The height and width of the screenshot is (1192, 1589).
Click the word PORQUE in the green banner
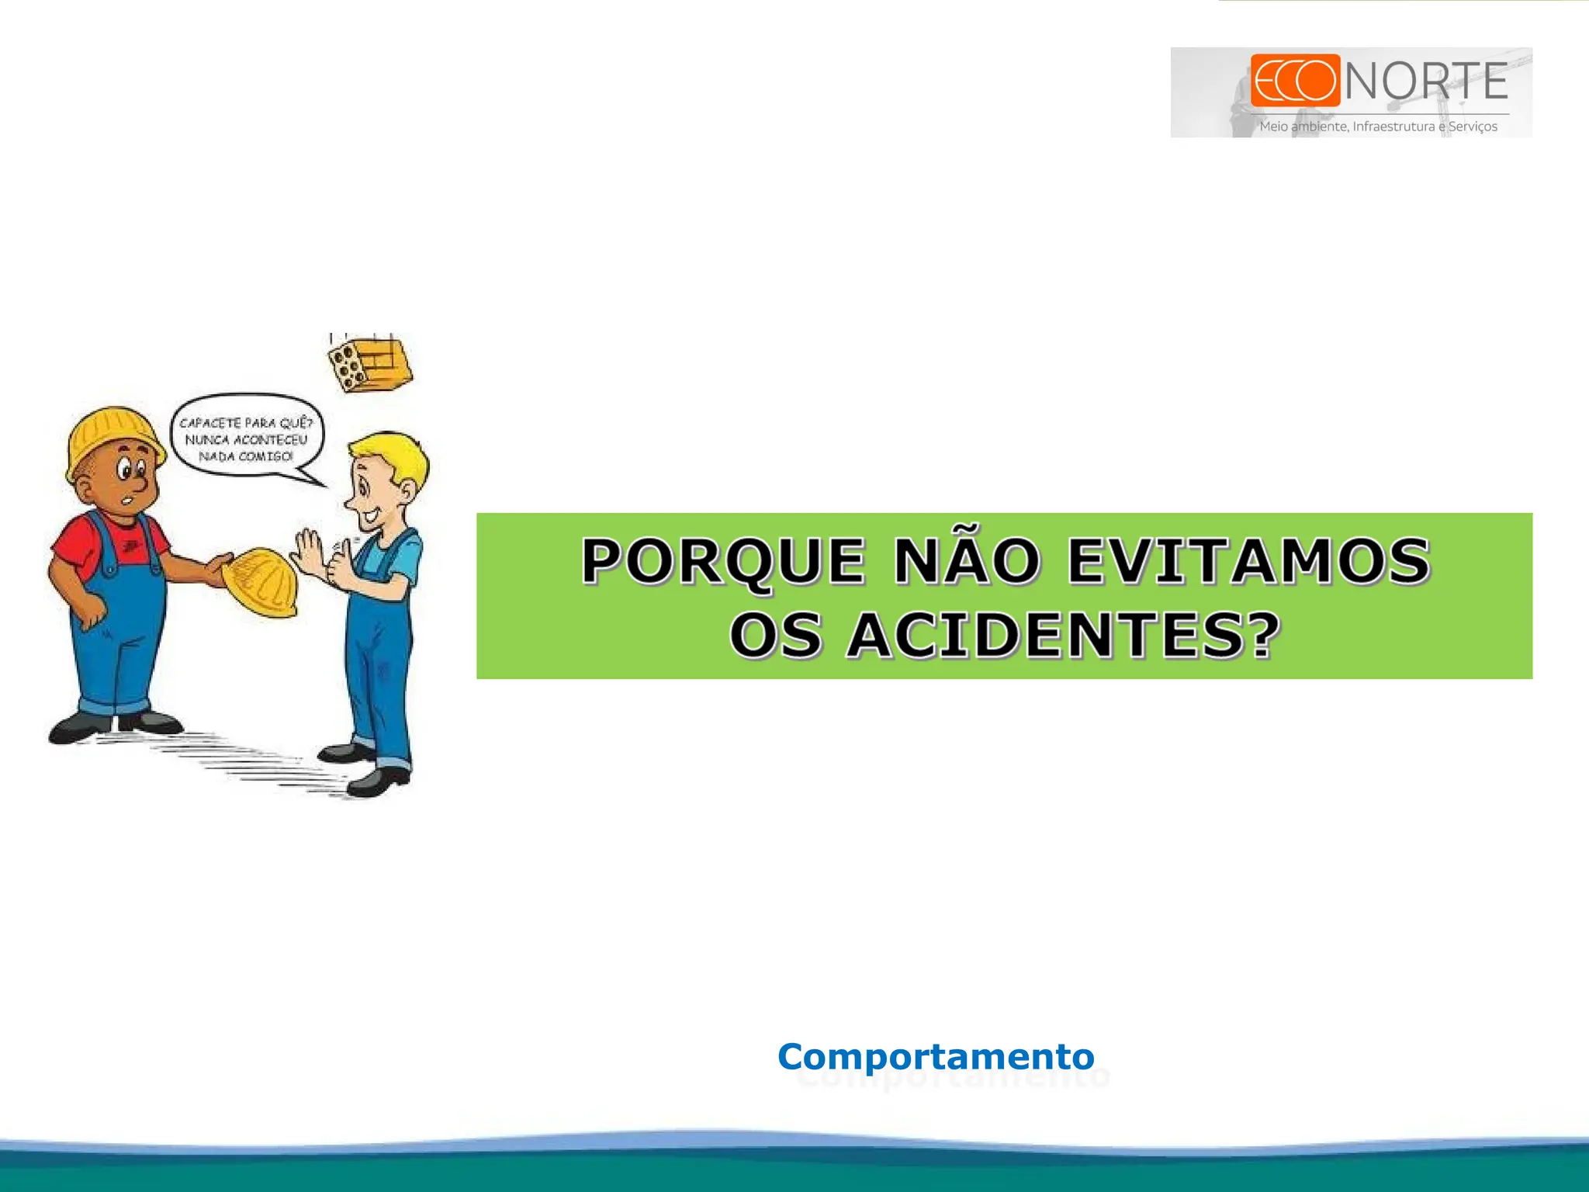pos(722,561)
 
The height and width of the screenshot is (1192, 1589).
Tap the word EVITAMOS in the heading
pos(1248,561)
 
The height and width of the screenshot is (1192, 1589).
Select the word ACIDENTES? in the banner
pos(1063,636)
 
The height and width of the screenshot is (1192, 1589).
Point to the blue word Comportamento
pos(936,1056)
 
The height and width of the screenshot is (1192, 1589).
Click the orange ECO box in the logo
pos(1295,80)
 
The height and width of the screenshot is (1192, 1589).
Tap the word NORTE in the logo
pos(1427,81)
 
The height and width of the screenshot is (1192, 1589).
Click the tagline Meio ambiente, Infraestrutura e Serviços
pos(1378,126)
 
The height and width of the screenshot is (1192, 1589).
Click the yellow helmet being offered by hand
pos(261,582)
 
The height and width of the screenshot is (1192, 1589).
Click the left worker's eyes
pos(130,469)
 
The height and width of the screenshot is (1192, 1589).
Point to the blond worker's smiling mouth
pos(370,514)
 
